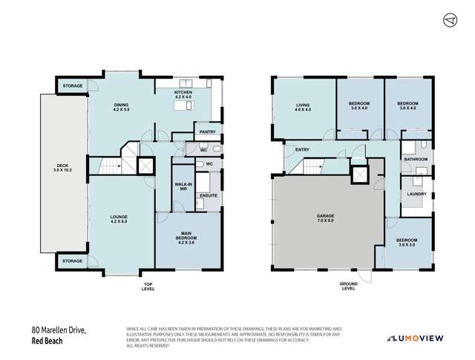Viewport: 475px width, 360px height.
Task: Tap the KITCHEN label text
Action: point(183,94)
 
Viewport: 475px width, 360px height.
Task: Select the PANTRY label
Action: point(208,132)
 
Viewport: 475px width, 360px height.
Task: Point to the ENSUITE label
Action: point(208,196)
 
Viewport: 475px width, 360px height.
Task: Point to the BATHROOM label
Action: point(415,159)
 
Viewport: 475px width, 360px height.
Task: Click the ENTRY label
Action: point(302,150)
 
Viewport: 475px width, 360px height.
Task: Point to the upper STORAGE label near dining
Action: point(72,86)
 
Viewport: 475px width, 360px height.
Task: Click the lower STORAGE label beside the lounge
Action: point(72,261)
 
